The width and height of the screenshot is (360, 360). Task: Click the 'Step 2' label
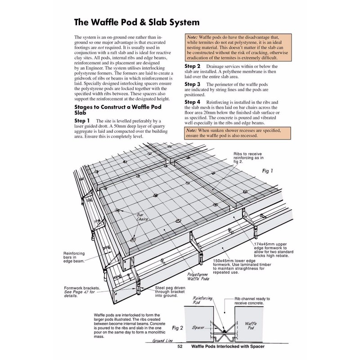coord(194,66)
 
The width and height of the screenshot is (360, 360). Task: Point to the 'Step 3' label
coord(194,84)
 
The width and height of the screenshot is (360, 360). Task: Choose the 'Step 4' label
coord(194,102)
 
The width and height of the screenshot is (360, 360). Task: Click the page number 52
coord(180,346)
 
